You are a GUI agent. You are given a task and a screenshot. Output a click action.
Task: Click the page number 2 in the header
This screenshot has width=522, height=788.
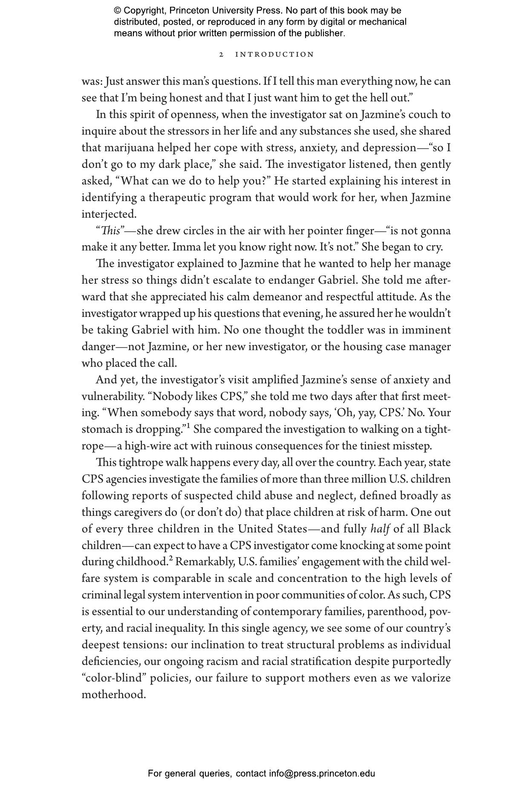(221, 55)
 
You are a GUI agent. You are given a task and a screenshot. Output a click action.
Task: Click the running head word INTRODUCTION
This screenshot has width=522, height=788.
(275, 55)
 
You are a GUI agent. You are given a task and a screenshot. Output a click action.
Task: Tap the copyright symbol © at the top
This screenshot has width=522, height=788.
(118, 11)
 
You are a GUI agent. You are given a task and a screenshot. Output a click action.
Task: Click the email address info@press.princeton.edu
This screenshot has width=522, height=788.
(322, 774)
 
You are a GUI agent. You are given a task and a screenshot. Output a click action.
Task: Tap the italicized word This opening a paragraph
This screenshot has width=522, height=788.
(110, 230)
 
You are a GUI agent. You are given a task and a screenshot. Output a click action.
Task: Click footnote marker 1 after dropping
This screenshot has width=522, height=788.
(187, 426)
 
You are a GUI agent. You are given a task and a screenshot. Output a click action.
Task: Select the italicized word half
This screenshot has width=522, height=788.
(380, 529)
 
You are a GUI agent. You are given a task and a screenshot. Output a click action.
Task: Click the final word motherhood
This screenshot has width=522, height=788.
(113, 694)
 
